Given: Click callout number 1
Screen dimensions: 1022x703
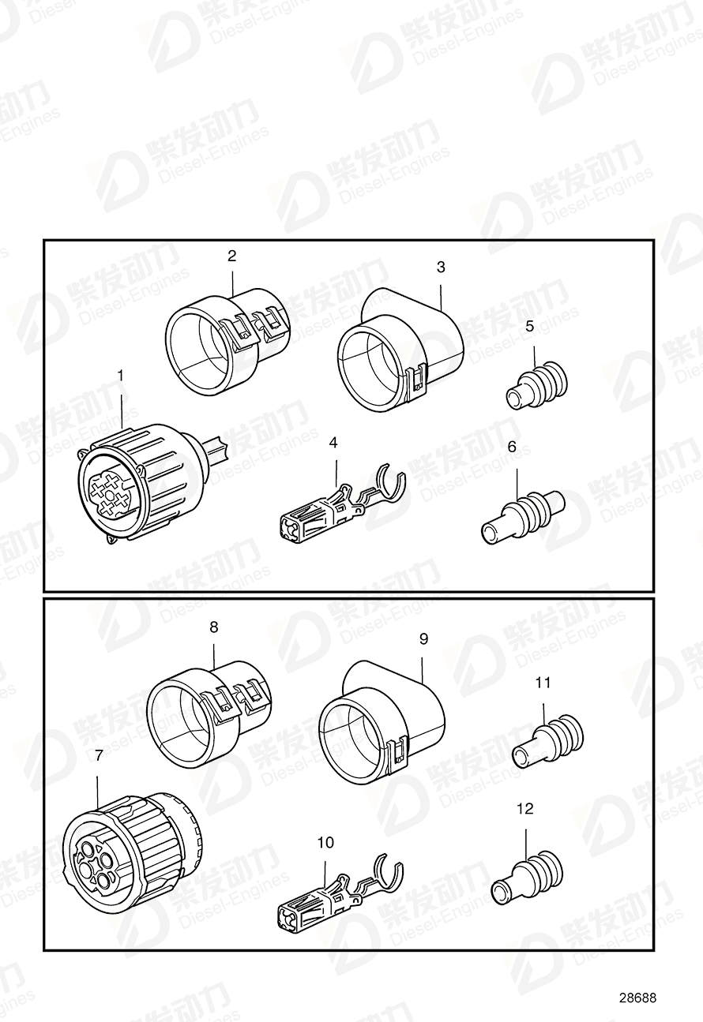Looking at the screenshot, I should (121, 376).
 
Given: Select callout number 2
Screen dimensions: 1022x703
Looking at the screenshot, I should (231, 256).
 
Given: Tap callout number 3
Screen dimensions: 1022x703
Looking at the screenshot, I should (441, 268).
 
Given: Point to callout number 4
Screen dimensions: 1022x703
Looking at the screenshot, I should (333, 444).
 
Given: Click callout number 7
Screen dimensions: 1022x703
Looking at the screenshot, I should (98, 755).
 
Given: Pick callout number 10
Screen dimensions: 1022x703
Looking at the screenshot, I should (325, 843).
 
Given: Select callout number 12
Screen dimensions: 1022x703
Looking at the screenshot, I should (524, 808).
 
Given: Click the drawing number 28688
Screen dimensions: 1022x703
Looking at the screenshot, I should (637, 998).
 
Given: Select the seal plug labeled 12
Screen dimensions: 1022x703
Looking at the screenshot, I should (526, 877).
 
